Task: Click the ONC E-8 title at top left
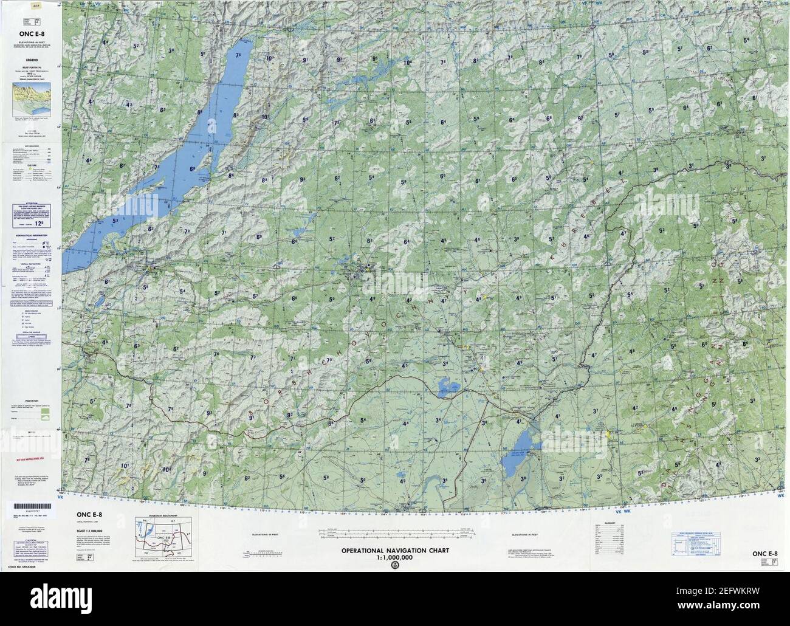(30, 26)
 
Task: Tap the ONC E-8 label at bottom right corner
(764, 553)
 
